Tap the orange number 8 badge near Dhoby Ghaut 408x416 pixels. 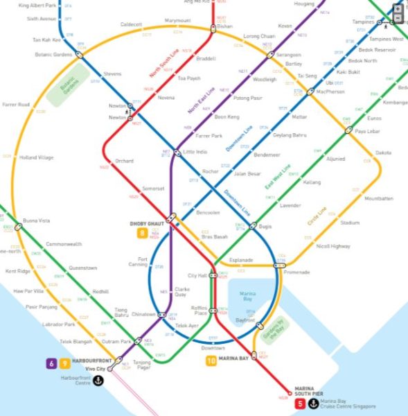pos(143,234)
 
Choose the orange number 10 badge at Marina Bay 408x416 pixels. pos(211,361)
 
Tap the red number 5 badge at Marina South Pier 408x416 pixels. pos(300,404)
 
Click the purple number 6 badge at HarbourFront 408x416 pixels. pos(51,363)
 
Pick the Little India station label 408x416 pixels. pos(194,152)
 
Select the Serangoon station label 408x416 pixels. pos(288,55)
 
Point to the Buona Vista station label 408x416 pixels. pos(36,220)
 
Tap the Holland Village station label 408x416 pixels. pos(36,157)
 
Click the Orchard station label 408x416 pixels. pos(124,161)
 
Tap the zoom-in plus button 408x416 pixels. pos(398,8)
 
